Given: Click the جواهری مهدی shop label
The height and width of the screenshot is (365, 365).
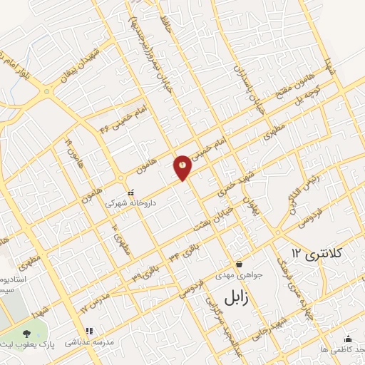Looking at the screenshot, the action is click(x=240, y=274).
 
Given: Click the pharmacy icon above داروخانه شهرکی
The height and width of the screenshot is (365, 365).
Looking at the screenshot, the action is click(x=130, y=192).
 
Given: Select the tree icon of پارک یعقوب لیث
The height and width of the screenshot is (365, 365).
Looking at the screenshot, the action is click(x=26, y=333).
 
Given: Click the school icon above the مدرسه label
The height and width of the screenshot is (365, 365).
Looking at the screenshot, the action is click(x=89, y=331).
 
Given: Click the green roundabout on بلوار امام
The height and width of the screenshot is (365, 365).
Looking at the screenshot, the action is click(x=48, y=92).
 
